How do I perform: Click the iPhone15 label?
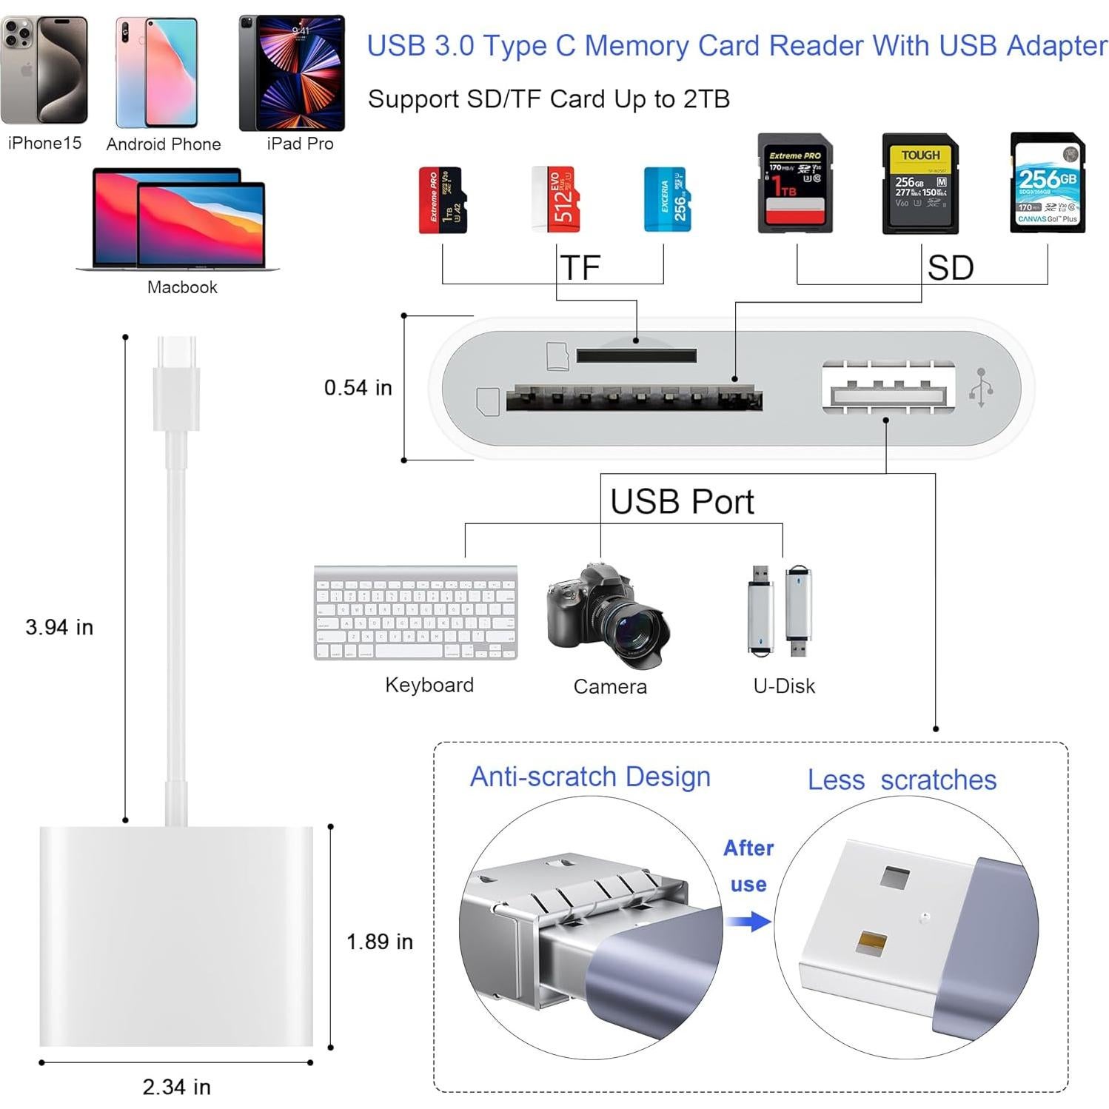[x=44, y=143]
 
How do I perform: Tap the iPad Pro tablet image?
[x=292, y=73]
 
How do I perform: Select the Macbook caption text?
[x=182, y=287]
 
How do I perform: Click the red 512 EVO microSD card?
[x=555, y=199]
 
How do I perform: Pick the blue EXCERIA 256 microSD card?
[x=667, y=199]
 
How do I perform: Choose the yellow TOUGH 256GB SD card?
[x=920, y=184]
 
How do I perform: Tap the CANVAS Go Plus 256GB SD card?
[x=1048, y=183]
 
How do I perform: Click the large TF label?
[x=580, y=267]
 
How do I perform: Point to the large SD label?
[x=950, y=267]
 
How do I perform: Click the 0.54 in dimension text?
[x=358, y=387]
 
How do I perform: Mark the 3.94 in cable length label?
[x=59, y=627]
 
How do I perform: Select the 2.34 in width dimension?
[x=176, y=1087]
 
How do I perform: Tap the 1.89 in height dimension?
[x=379, y=942]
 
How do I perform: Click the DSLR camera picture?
[x=606, y=614]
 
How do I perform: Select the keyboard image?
[x=415, y=612]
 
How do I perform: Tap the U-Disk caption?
[x=784, y=686]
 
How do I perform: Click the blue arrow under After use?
[x=748, y=922]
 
